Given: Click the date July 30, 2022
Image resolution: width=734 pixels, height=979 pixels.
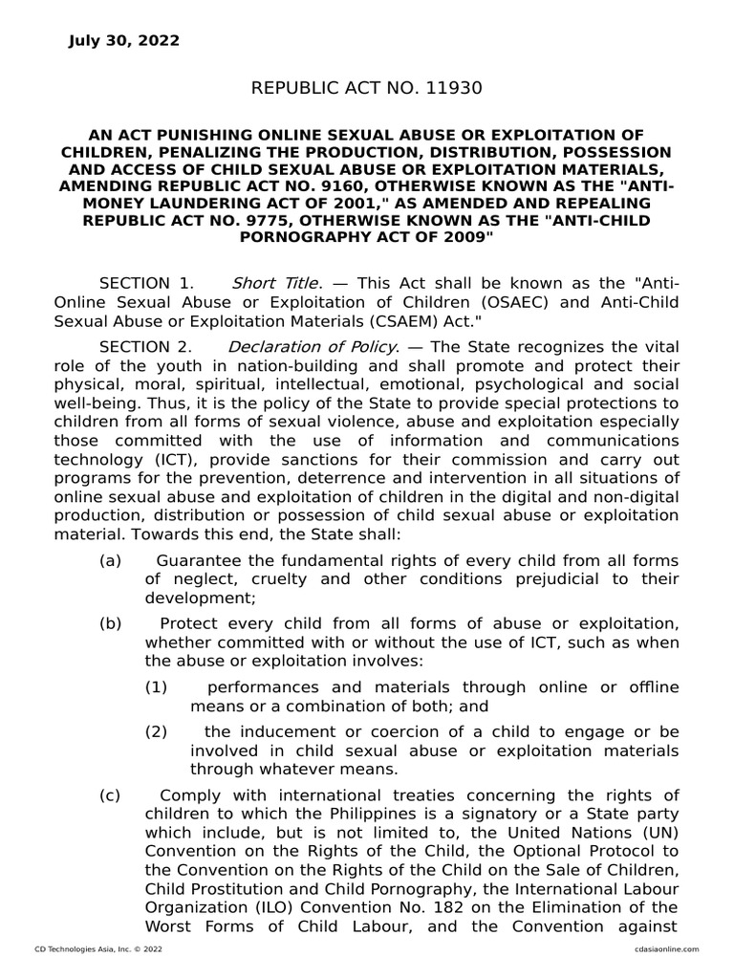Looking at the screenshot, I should [123, 40].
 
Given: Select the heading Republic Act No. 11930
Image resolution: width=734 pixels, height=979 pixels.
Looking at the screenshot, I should [366, 89].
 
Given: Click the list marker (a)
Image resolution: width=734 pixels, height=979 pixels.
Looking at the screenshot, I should [111, 560].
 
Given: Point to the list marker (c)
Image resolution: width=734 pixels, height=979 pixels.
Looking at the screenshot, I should [111, 795].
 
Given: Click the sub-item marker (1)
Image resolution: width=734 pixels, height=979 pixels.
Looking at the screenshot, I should [157, 686].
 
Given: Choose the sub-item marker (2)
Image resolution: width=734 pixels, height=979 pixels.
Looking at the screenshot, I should [157, 732].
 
